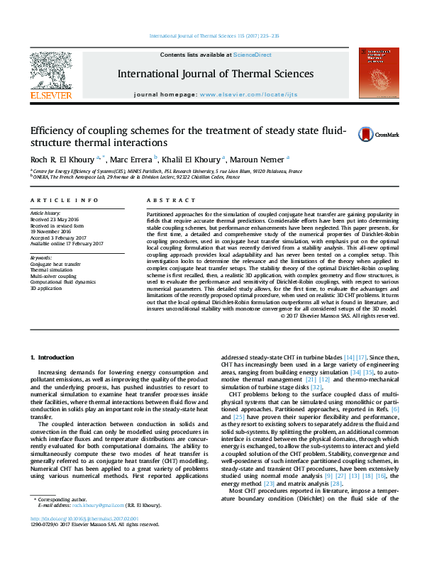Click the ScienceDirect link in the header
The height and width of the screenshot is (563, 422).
[253, 55]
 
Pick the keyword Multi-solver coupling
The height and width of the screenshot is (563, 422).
[52, 276]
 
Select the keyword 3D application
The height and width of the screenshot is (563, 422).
[45, 289]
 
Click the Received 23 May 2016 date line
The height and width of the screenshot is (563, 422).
[54, 219]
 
